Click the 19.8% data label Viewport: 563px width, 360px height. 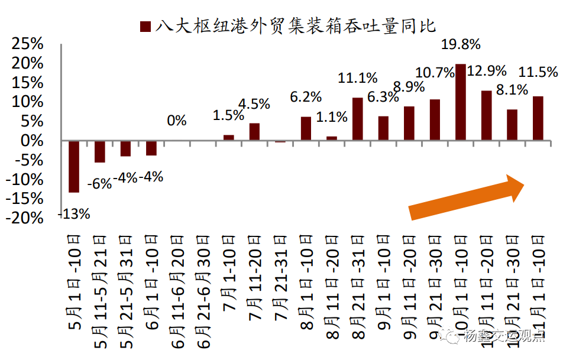click(461, 44)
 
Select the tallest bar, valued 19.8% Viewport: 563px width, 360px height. click(461, 102)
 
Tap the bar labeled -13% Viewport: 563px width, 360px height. click(74, 166)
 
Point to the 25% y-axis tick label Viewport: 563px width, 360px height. click(27, 44)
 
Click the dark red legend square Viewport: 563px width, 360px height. click(145, 27)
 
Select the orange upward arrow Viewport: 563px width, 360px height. click(467, 196)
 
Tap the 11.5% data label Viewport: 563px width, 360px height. click(538, 73)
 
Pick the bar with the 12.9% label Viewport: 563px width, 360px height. click(486, 115)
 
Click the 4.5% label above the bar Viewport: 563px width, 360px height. click(254, 104)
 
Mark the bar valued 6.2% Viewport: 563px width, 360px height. click(306, 128)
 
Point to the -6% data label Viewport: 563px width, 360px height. click(99, 184)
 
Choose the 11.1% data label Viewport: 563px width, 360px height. click(357, 78)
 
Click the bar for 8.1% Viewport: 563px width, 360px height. click(512, 125)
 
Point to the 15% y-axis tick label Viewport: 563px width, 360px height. click(27, 83)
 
